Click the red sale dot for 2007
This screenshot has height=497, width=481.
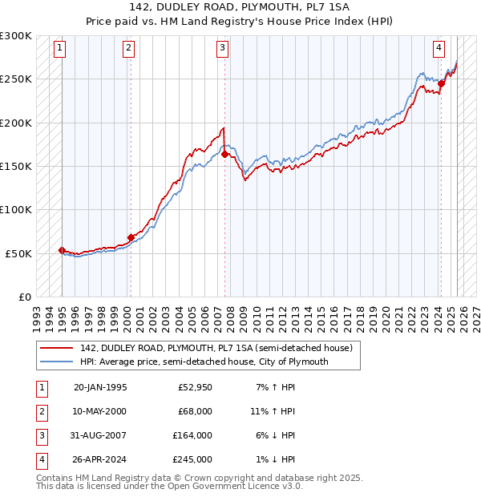pos(225,154)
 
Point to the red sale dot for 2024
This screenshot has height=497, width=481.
pos(441,83)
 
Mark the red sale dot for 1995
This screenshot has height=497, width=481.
pos(62,250)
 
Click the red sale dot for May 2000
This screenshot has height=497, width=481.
pos(131,237)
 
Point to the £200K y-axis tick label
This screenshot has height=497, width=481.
pos(17,123)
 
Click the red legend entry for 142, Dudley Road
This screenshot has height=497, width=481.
pos(216,348)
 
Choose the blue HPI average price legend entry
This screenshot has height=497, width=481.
pos(204,362)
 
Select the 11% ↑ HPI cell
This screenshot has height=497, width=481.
pos(273,410)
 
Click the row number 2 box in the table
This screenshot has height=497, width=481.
pos(40,410)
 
